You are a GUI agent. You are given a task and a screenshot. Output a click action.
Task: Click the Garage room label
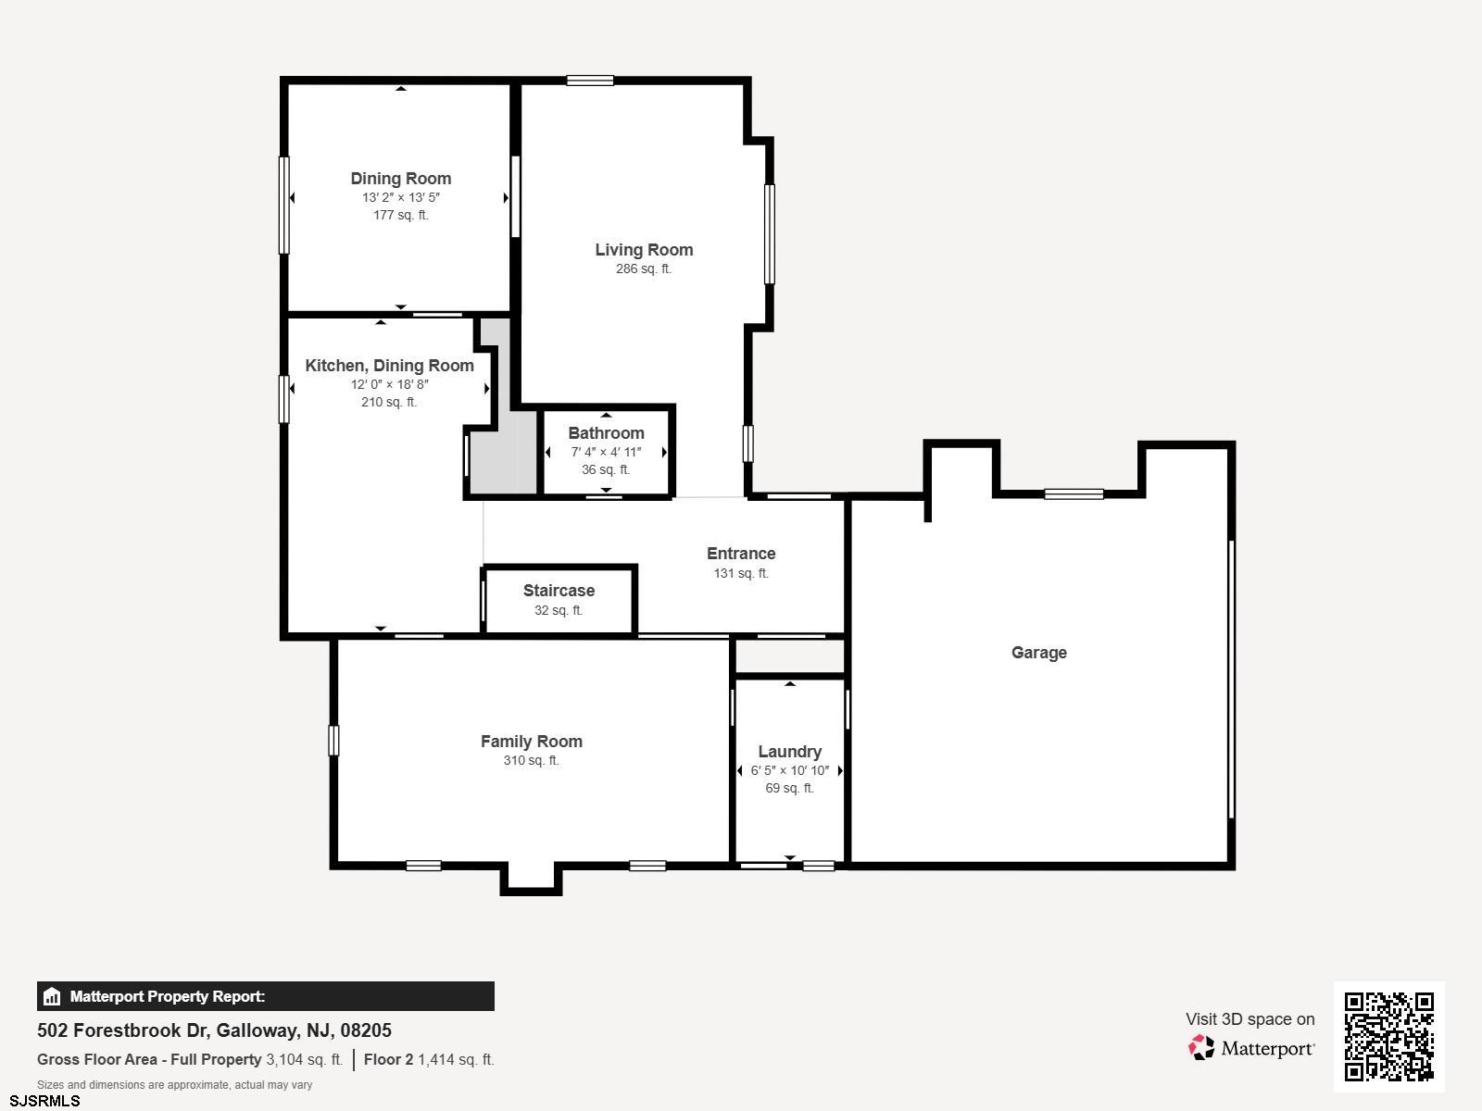[x=1038, y=653]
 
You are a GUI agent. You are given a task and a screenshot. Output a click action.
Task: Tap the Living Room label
[x=644, y=250]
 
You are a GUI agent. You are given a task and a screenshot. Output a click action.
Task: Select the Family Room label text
[x=532, y=742]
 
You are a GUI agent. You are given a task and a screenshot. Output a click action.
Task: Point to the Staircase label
[x=559, y=591]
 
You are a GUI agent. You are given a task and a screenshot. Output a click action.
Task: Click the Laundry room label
[x=789, y=752]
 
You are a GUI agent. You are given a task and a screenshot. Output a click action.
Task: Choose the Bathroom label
[x=606, y=433]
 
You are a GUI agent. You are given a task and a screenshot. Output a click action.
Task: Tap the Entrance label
[x=741, y=553]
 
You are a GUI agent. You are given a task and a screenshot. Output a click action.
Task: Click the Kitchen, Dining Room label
[x=389, y=366]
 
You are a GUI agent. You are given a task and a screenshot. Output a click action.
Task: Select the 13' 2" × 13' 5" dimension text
[x=400, y=197]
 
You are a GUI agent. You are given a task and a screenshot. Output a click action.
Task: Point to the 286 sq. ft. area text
[x=644, y=268]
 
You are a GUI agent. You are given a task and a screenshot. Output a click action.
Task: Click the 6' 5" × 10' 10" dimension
[x=789, y=770]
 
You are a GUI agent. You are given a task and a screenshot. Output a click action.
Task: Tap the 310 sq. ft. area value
[x=532, y=760]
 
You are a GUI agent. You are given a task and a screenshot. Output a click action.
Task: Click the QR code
[x=1388, y=1036]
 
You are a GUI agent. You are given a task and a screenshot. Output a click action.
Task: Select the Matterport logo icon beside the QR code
[x=1201, y=1048]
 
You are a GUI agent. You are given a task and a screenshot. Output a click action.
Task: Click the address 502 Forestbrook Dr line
[x=214, y=1030]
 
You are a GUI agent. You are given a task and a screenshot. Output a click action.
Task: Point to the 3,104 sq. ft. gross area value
[x=304, y=1059]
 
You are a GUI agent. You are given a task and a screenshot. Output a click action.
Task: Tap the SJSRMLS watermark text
[x=44, y=1101]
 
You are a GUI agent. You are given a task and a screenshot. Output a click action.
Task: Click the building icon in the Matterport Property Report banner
[x=51, y=996]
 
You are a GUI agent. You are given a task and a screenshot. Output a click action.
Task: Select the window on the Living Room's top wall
[x=590, y=81]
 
